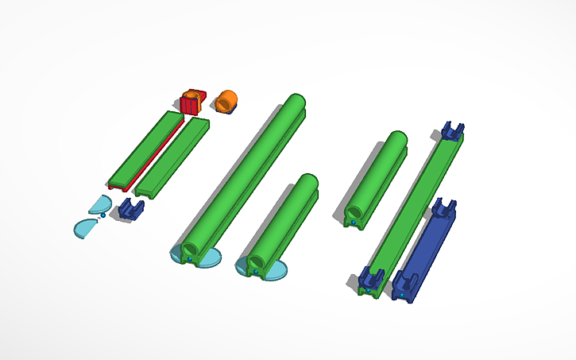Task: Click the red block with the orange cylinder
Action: point(191,102)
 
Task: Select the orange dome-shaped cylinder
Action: point(226,101)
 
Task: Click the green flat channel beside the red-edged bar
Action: point(172,157)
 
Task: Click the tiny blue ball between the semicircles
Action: point(103,215)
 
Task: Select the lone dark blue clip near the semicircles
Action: point(130,210)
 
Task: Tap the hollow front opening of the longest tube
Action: point(190,251)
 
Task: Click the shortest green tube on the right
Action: point(377,176)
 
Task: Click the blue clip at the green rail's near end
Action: point(371,279)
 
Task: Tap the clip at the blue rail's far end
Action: point(443,209)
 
